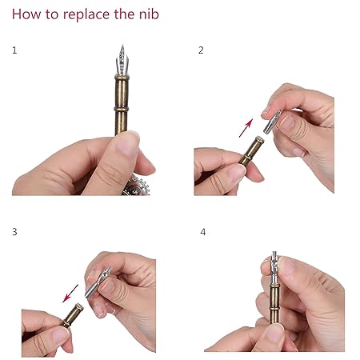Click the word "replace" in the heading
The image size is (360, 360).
pos(86,14)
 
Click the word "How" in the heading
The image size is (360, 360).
pos(26,14)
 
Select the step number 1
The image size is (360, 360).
pos(14,50)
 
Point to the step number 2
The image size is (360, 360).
pos(201,50)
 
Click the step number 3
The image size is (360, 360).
pos(14,232)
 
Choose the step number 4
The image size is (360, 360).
pos(203,232)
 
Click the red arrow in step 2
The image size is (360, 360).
pos(246,128)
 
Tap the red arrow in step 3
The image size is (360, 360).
pos(70,294)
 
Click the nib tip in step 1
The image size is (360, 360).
pos(122,46)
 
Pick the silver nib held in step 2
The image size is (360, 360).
pos(272,122)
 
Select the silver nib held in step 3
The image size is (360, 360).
pos(98,282)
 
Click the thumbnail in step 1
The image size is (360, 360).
pos(127,143)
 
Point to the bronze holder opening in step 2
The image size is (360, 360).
pos(259,139)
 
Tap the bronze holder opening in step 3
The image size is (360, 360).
pos(79,307)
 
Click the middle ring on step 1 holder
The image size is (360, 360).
pos(122,109)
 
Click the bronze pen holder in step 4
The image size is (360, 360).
pos(274,304)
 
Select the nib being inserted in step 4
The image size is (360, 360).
pos(274,267)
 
